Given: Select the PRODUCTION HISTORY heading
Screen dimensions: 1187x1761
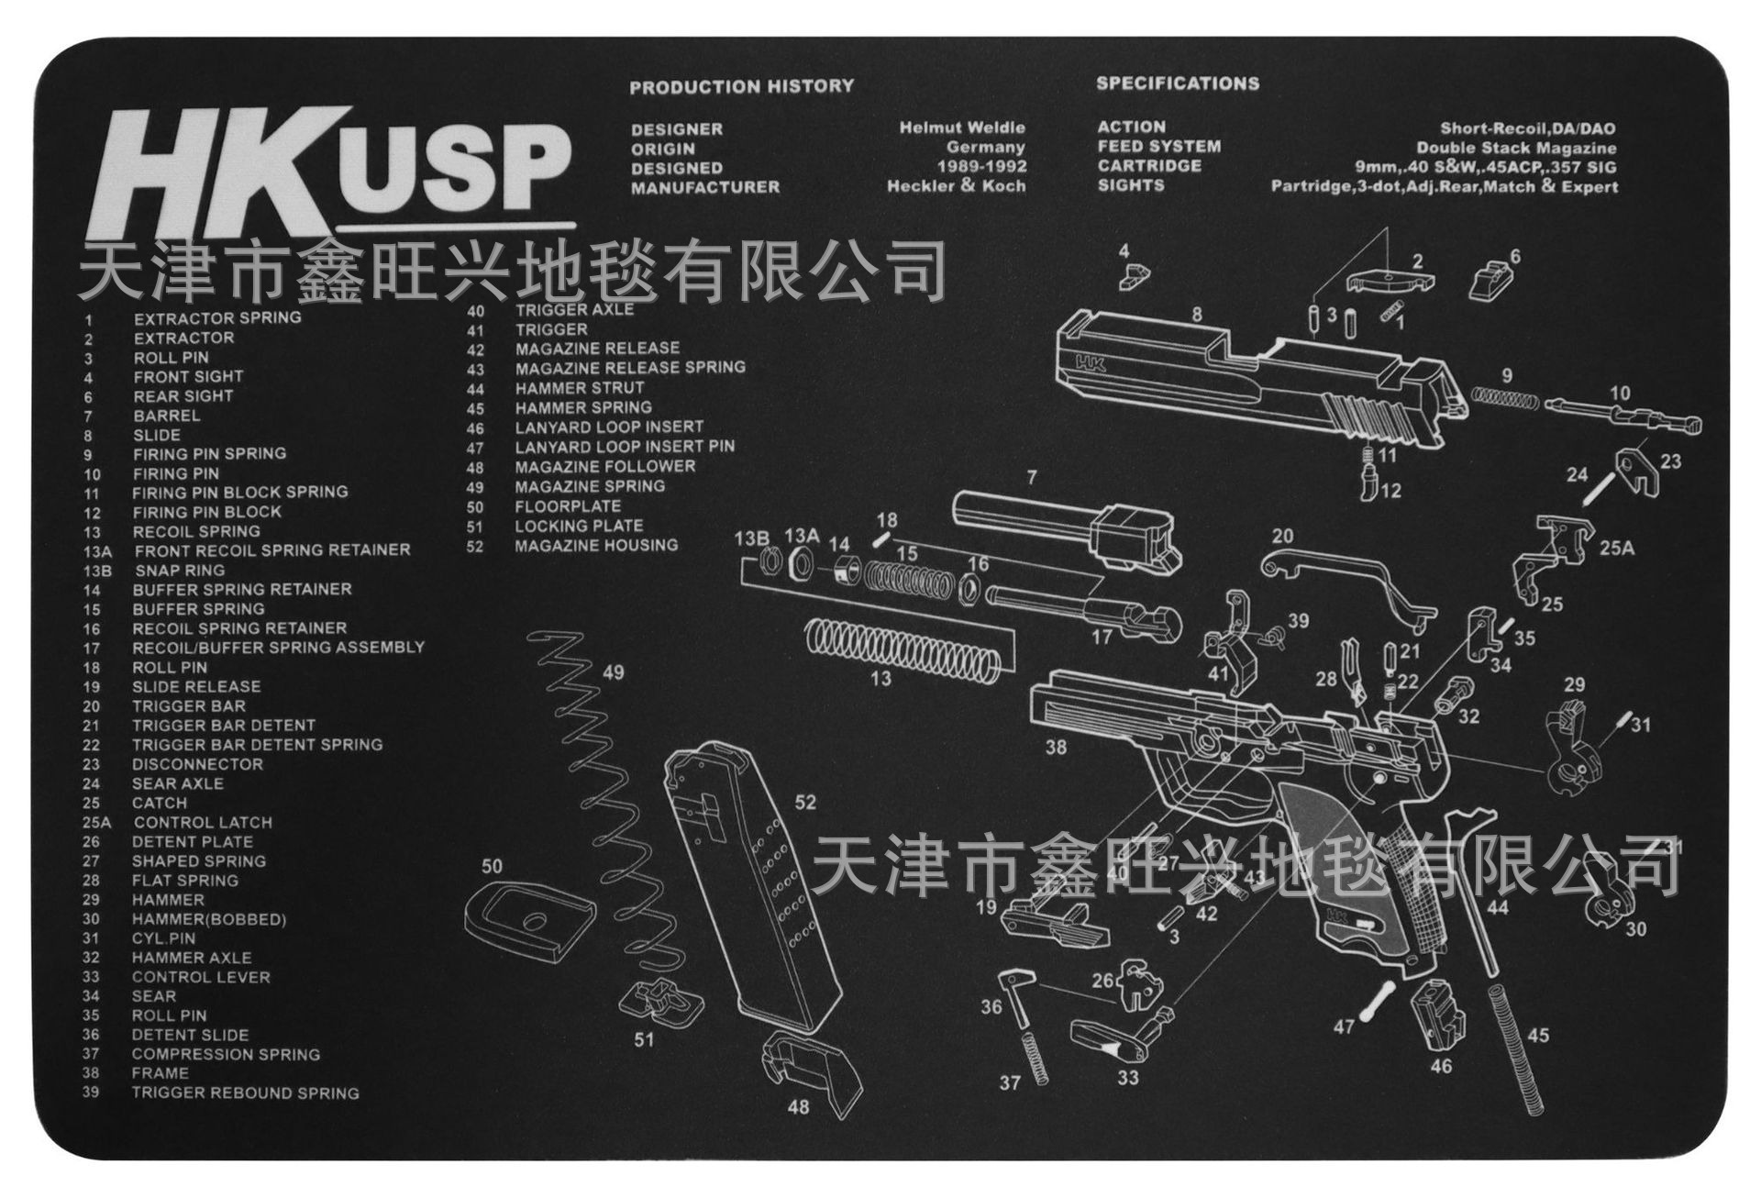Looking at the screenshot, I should point(741,87).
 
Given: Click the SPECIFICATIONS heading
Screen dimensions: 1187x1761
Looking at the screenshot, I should point(1177,83).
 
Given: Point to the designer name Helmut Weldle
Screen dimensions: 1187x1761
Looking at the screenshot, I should point(961,128).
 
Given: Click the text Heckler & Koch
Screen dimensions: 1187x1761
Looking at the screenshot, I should point(956,186).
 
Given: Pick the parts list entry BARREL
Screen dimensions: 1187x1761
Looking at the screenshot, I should point(166,416).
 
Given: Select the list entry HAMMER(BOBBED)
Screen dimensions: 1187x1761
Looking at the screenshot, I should point(208,919).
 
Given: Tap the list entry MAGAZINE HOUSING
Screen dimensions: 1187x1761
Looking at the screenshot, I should point(595,546).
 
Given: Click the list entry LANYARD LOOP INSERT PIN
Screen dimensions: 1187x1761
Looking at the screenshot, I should point(624,447).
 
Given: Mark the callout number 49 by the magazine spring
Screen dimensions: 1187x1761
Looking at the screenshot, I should point(613,672).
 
